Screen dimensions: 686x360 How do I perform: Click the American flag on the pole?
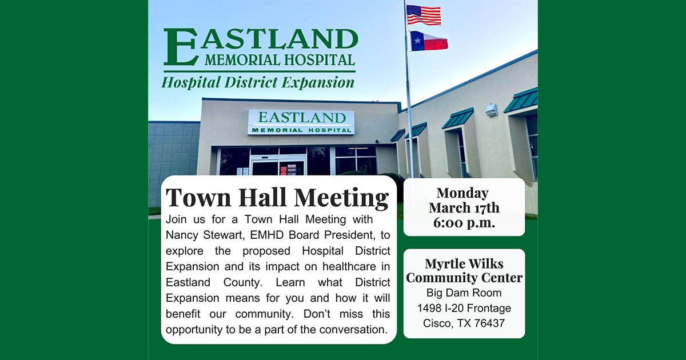(x=424, y=15)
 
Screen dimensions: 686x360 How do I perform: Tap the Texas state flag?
(x=429, y=41)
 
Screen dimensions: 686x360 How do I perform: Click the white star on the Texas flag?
(x=417, y=40)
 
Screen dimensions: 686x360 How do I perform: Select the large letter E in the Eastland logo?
(x=181, y=47)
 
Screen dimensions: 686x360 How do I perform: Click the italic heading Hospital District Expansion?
(x=258, y=83)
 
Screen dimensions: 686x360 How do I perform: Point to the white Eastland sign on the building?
(x=301, y=122)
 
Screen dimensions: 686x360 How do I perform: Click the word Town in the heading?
(x=198, y=198)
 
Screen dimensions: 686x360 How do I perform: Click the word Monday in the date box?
(x=462, y=194)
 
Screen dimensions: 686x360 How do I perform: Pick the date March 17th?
(x=464, y=208)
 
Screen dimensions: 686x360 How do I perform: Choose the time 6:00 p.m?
(x=464, y=222)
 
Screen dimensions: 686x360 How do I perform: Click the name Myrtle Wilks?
(x=464, y=263)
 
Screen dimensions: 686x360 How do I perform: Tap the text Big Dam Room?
(x=464, y=293)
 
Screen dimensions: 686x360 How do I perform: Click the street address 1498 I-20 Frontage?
(x=464, y=308)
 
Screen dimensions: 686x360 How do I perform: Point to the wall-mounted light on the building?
(x=491, y=110)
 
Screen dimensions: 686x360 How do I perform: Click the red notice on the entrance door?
(x=284, y=170)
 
